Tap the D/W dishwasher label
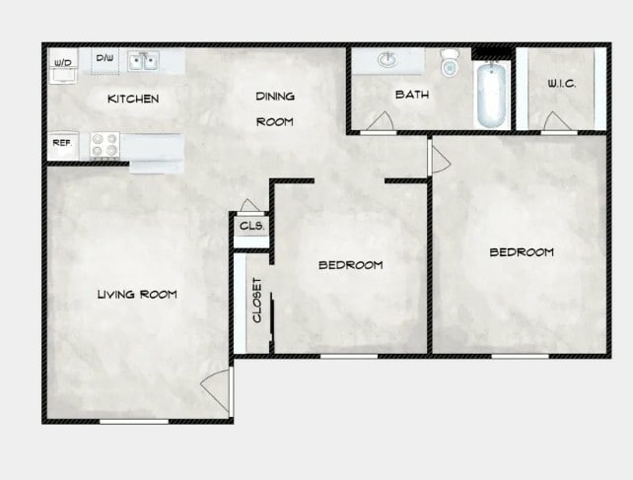pyautogui.click(x=104, y=58)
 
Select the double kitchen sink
pyautogui.click(x=145, y=62)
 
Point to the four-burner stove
pyautogui.click(x=105, y=145)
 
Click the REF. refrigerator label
pyautogui.click(x=61, y=143)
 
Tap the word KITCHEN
pyautogui.click(x=133, y=99)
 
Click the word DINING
pyautogui.click(x=275, y=97)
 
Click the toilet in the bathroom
pyautogui.click(x=450, y=63)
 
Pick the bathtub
pyautogui.click(x=491, y=96)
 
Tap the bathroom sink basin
pyautogui.click(x=387, y=61)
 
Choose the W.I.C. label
pyautogui.click(x=561, y=85)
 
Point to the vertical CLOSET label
pyautogui.click(x=256, y=300)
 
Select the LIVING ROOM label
pyautogui.click(x=137, y=294)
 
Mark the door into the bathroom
pyautogui.click(x=377, y=122)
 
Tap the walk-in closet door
pyautogui.click(x=556, y=122)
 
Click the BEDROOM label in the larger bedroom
pyautogui.click(x=522, y=252)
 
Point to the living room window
pyautogui.click(x=134, y=421)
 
